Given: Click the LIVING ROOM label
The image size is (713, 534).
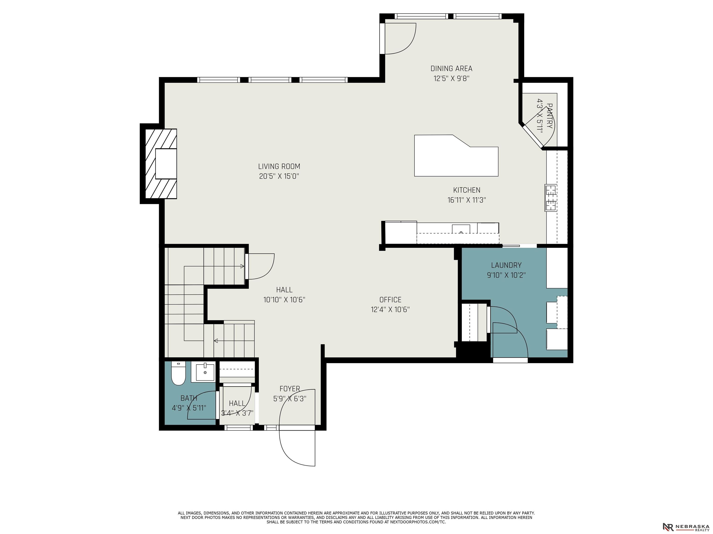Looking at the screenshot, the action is pos(279,166).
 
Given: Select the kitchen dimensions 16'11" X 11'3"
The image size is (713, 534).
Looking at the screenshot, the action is pos(467,200).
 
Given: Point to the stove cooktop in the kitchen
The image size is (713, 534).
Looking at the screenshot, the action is pos(551,198).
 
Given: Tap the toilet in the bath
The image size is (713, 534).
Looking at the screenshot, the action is pos(178,373).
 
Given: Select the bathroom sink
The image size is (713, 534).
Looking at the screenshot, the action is pos(205,372).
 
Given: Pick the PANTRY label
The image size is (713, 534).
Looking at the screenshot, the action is pos(550,116).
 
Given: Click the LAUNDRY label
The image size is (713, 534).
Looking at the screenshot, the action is pos(506,265).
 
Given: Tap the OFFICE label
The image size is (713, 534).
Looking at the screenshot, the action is pos(390,300).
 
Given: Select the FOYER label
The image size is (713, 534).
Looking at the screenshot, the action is pos(290,389).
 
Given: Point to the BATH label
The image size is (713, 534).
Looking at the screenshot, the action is pos(189,398).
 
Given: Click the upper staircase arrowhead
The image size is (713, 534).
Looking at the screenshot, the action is pos(242,266).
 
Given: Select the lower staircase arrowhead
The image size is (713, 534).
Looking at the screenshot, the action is pos(216,340).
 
